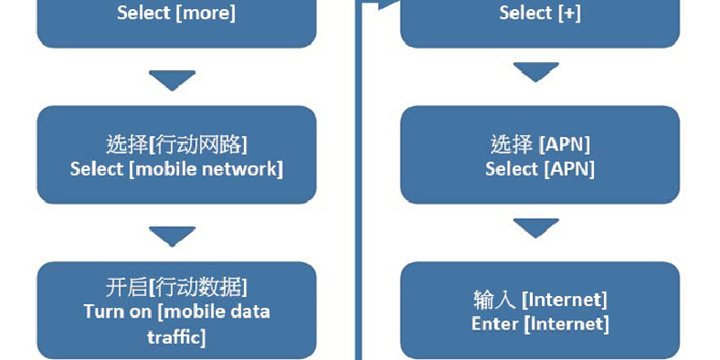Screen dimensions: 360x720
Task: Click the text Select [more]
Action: [x=176, y=13]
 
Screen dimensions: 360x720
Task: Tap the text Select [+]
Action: [x=539, y=13]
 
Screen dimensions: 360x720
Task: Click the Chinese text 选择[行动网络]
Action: [x=176, y=144]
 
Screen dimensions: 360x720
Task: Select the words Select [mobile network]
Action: [x=176, y=168]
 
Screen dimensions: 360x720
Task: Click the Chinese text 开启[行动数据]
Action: [x=176, y=288]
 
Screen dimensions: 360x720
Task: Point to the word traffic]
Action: [x=176, y=337]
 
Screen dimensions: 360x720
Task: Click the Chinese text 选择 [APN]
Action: [x=540, y=144]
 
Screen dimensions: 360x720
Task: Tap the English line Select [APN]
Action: [x=540, y=168]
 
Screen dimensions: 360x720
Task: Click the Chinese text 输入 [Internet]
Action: [x=540, y=299]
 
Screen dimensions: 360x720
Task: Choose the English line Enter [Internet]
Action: [x=540, y=323]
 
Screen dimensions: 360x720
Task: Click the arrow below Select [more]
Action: [x=172, y=80]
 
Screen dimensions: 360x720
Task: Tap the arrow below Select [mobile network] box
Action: [x=172, y=237]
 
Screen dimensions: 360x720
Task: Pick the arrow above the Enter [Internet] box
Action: [x=536, y=228]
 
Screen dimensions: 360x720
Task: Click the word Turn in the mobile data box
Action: [x=103, y=312]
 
